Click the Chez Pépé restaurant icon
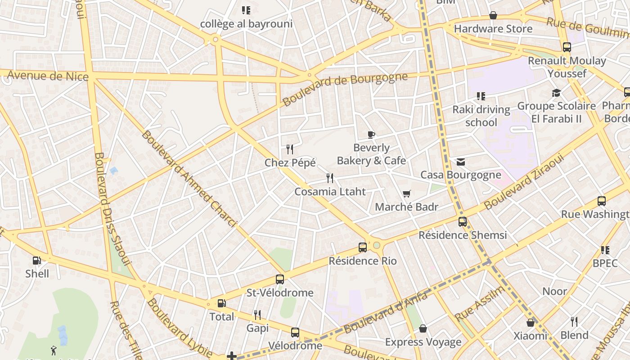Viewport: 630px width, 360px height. click(290, 149)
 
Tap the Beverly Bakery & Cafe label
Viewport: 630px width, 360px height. click(371, 154)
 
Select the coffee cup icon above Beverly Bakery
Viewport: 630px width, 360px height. click(371, 135)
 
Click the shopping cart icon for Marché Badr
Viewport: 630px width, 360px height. click(407, 193)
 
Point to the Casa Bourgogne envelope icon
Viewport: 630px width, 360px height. click(461, 162)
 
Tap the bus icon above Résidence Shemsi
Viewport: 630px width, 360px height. click(463, 222)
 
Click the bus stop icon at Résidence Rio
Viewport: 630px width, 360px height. click(363, 247)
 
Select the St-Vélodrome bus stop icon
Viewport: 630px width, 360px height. click(280, 279)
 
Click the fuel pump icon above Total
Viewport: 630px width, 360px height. click(221, 303)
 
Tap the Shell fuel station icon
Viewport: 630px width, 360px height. click(37, 260)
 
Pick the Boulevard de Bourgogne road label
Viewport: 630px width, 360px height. click(345, 89)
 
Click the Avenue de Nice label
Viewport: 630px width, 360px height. click(48, 76)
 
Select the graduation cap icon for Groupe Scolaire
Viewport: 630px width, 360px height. click(557, 93)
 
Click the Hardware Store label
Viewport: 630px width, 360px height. click(493, 29)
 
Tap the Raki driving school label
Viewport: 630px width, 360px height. click(481, 116)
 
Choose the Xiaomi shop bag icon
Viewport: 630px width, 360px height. click(531, 323)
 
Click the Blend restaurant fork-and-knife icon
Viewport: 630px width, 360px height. click(574, 322)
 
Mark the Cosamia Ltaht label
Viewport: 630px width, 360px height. click(330, 192)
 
